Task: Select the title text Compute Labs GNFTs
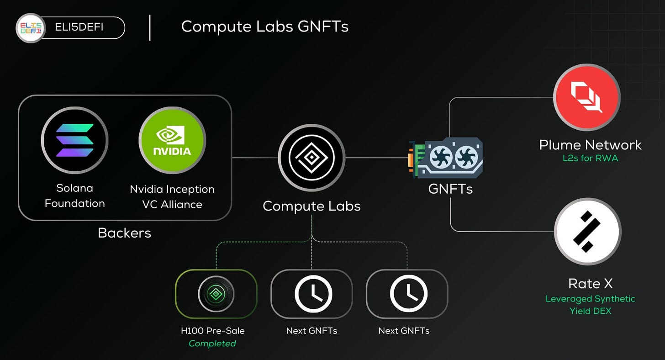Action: click(x=264, y=26)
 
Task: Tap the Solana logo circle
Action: click(x=74, y=140)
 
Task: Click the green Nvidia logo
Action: click(x=172, y=140)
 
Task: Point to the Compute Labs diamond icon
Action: click(x=311, y=158)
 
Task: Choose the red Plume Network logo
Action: click(x=587, y=97)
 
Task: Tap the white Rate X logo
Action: click(x=588, y=232)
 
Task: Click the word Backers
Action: click(x=124, y=233)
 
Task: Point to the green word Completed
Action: click(x=212, y=344)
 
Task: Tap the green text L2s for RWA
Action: click(x=590, y=159)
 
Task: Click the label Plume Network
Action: click(x=590, y=145)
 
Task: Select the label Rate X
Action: click(x=590, y=284)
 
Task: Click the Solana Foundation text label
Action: click(x=74, y=196)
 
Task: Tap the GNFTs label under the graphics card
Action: click(x=450, y=188)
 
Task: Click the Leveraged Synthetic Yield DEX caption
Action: click(x=590, y=305)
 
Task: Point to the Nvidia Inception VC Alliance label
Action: click(x=172, y=196)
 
